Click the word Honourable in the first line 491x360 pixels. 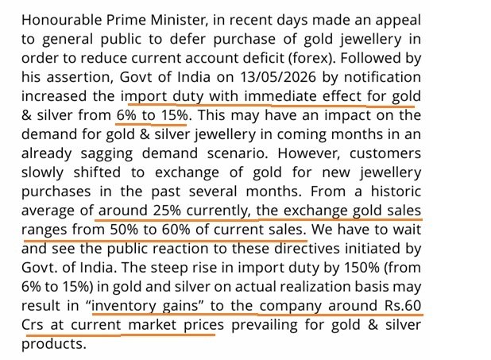click(62, 20)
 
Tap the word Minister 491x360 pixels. click(179, 20)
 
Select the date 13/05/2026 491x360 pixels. click(278, 77)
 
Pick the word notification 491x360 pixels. click(382, 77)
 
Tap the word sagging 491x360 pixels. click(106, 154)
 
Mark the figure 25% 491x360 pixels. click(167, 211)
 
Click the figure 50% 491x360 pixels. click(124, 230)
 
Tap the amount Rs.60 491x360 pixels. click(403, 306)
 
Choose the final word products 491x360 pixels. click(53, 344)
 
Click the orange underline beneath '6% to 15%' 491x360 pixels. click(151, 125)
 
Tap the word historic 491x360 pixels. click(396, 192)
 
